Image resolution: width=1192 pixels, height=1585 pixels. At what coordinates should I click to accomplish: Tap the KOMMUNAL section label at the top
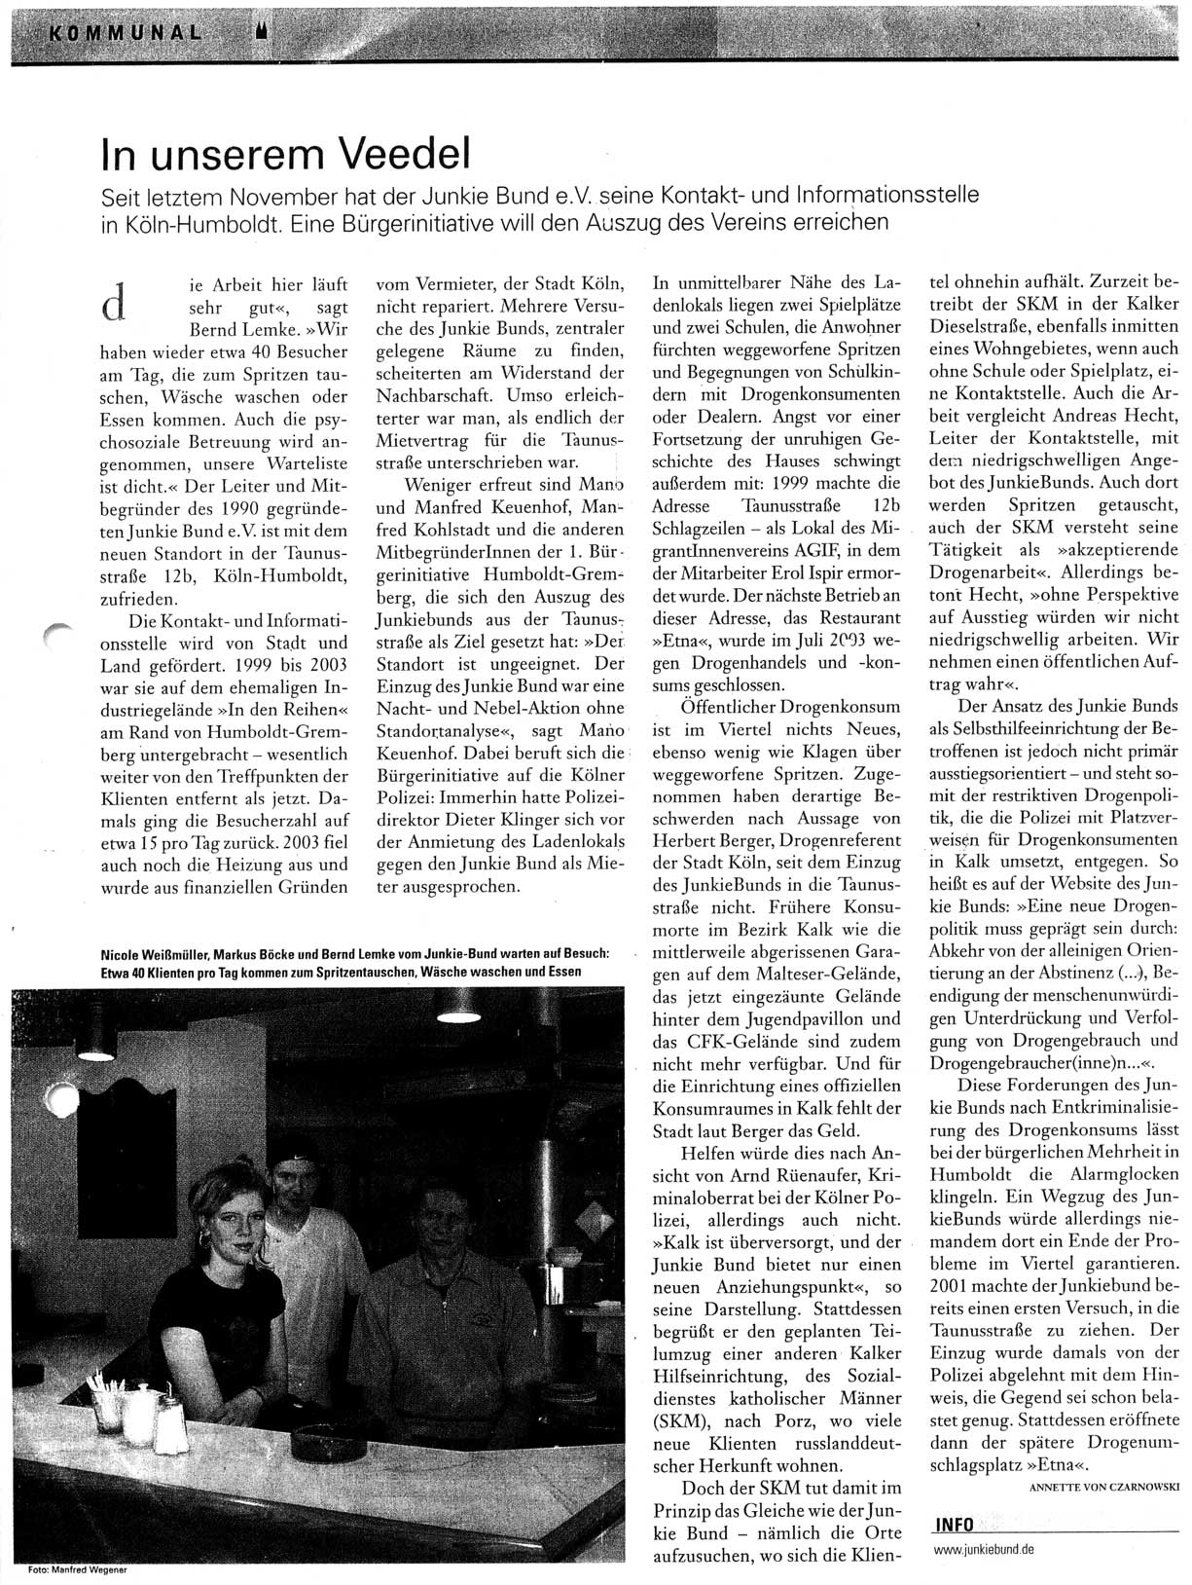point(126,30)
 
